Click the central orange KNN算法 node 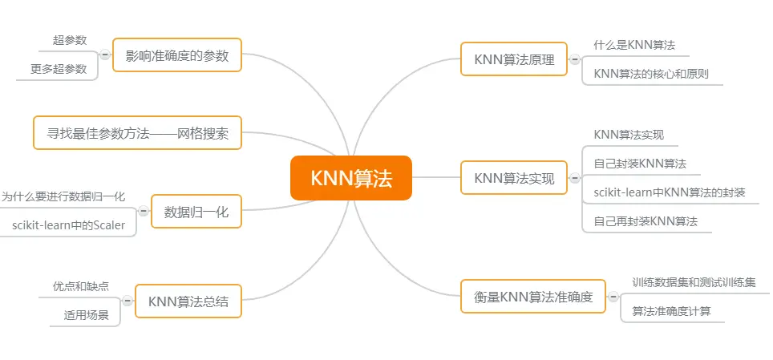[x=350, y=177]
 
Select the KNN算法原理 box [x=514, y=59]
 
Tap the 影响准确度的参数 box [x=177, y=55]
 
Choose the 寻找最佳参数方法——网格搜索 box [x=137, y=133]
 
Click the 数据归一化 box [x=196, y=212]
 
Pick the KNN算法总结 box [x=188, y=301]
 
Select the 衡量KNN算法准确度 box [x=533, y=297]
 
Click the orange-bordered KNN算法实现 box [x=514, y=178]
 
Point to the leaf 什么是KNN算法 [x=634, y=45]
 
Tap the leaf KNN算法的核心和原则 [x=651, y=74]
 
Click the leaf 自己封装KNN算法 [x=640, y=164]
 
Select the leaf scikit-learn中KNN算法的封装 [x=670, y=192]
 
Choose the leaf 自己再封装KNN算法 [x=646, y=220]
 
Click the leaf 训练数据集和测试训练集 [x=694, y=282]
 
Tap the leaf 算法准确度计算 [x=671, y=311]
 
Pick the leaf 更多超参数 [x=59, y=69]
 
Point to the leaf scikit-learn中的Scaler [x=68, y=225]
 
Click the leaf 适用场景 [x=87, y=315]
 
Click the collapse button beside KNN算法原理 [x=574, y=59]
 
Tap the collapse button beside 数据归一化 [x=144, y=212]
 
